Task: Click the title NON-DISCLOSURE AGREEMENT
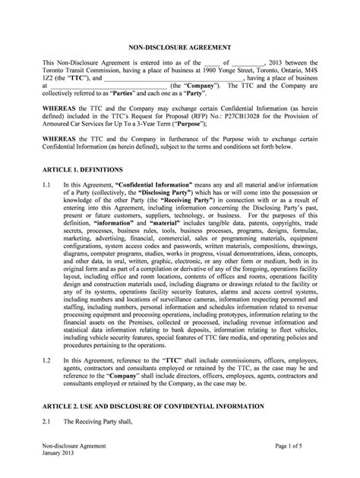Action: tap(179, 45)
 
